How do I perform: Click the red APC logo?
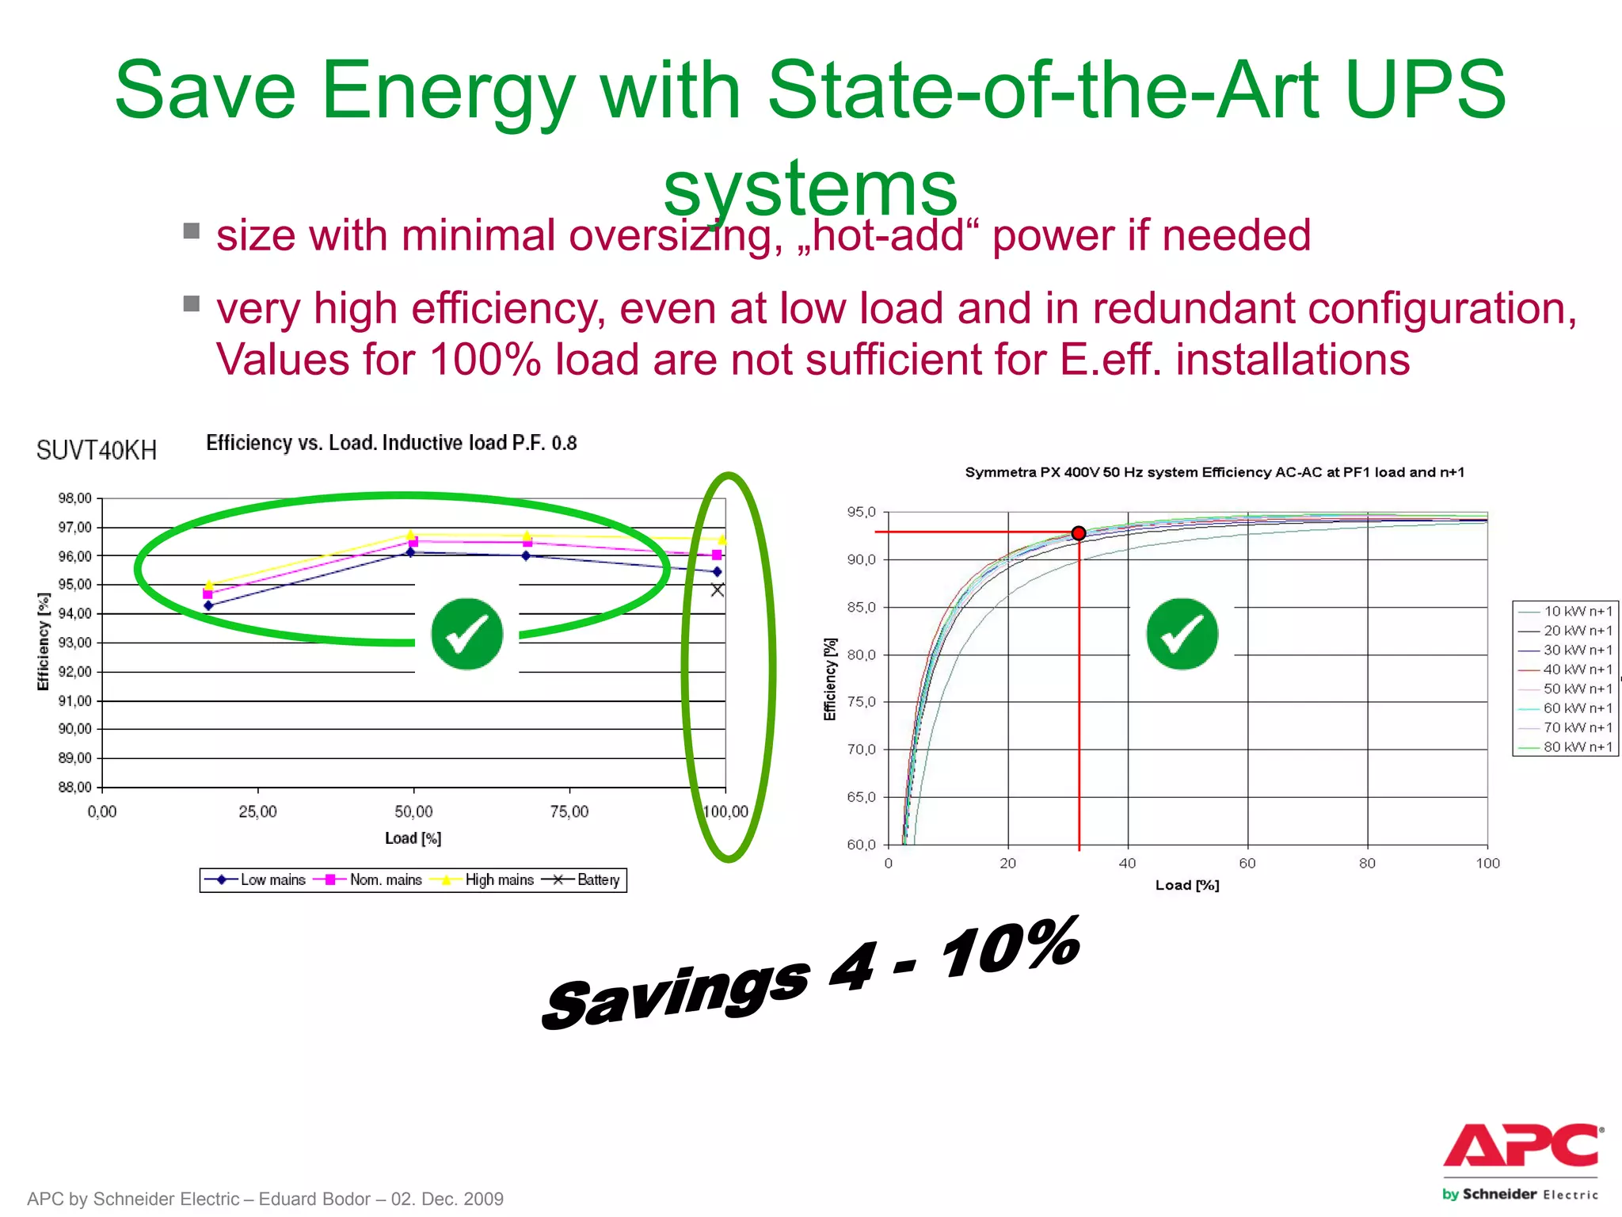click(x=1521, y=1146)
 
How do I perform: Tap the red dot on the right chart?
click(x=1078, y=533)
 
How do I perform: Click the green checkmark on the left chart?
click(x=466, y=634)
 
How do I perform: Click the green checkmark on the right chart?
click(x=1182, y=634)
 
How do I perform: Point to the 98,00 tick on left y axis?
click(x=75, y=498)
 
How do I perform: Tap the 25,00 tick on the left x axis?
click(x=258, y=811)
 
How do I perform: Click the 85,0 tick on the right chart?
click(x=862, y=608)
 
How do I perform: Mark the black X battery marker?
click(x=717, y=589)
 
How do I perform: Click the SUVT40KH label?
click(x=97, y=451)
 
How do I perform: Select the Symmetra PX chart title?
click(x=1214, y=472)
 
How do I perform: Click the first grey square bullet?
click(x=191, y=231)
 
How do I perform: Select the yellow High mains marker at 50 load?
click(x=411, y=535)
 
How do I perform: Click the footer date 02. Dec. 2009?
click(x=447, y=1199)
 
